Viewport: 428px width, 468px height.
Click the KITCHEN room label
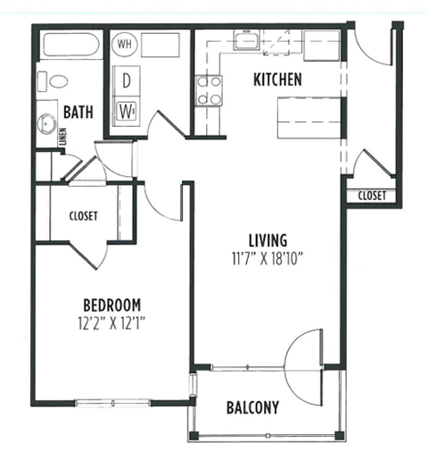click(x=277, y=79)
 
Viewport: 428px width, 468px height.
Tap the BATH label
click(x=80, y=112)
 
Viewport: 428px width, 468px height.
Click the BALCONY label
click(x=252, y=408)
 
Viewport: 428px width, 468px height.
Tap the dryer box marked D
click(x=127, y=79)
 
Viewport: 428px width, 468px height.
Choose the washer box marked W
click(x=127, y=111)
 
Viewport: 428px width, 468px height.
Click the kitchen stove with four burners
click(x=210, y=90)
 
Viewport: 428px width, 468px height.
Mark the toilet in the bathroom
click(x=59, y=81)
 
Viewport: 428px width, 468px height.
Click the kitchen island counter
click(x=309, y=115)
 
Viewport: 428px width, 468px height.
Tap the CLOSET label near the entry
click(x=371, y=196)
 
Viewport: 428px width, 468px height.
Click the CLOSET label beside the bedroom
click(x=83, y=216)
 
